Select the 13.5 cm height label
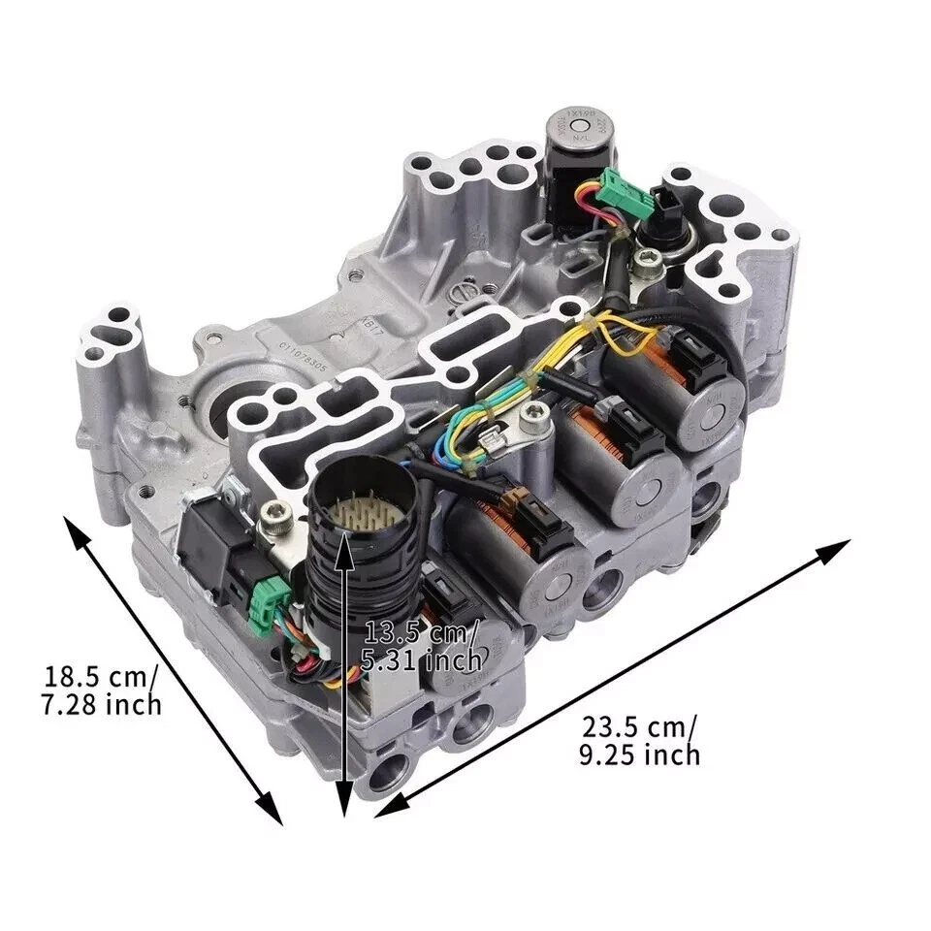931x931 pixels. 419,633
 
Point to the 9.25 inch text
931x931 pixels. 639,754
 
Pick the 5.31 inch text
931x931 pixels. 423,661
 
